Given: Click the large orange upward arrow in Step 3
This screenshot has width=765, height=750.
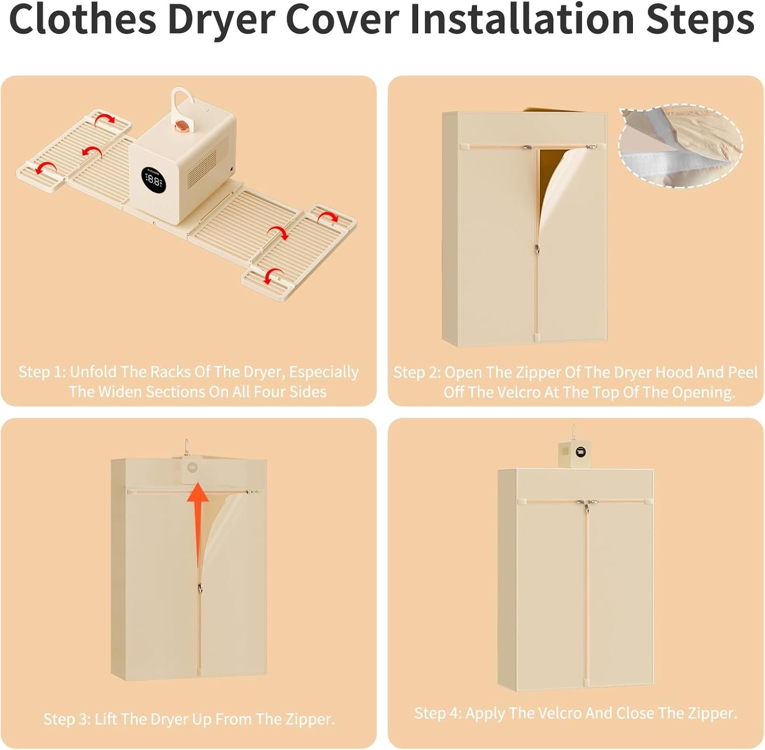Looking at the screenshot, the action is click(197, 525).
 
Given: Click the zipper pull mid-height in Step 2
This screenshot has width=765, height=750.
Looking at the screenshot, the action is click(538, 249).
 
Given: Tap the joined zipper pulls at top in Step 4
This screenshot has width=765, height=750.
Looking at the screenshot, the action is click(585, 505).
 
